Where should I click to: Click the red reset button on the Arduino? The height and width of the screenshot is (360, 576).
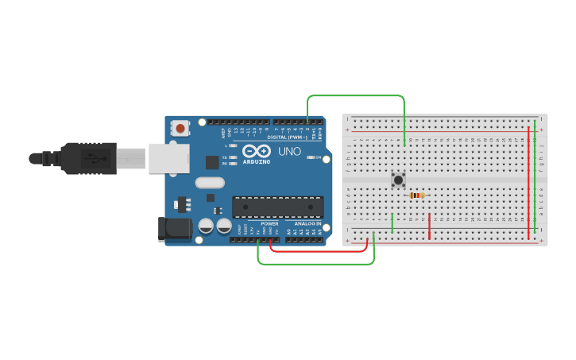coord(181,128)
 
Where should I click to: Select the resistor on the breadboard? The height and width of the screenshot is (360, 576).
coord(416,195)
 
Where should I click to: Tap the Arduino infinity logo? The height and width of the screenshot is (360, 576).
coord(257,151)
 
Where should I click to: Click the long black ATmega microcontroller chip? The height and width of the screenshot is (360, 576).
coord(277,207)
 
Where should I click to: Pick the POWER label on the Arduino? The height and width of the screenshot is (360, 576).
coord(269,223)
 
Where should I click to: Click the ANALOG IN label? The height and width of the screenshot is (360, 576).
coord(307,223)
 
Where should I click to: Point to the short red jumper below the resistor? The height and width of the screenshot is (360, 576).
coord(429,226)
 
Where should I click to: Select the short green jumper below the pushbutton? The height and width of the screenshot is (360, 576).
coord(392,223)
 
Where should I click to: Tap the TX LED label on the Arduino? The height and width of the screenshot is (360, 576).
coord(225,157)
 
